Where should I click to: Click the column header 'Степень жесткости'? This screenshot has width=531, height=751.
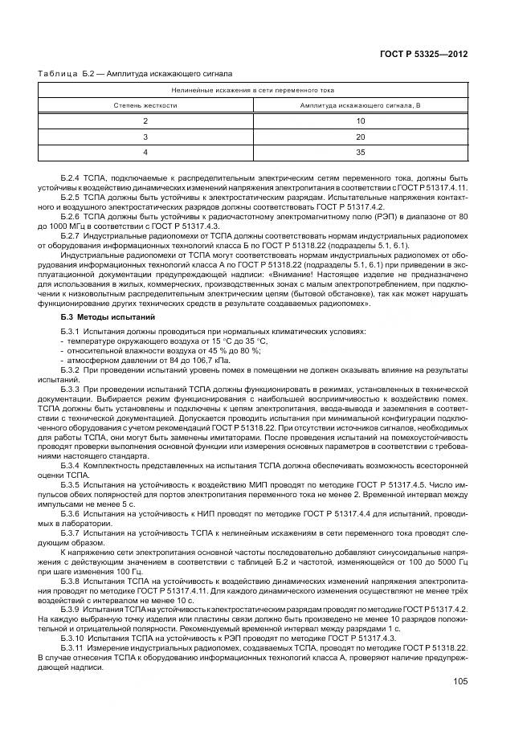(145, 105)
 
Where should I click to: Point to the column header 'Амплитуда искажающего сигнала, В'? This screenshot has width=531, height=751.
(359, 105)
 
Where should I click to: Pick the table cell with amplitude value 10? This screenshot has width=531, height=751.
(361, 120)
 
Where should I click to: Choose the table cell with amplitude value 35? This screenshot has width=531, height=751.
(361, 151)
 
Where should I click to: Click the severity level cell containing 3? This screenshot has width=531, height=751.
(145, 136)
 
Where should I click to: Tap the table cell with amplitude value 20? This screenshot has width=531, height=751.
(361, 136)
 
